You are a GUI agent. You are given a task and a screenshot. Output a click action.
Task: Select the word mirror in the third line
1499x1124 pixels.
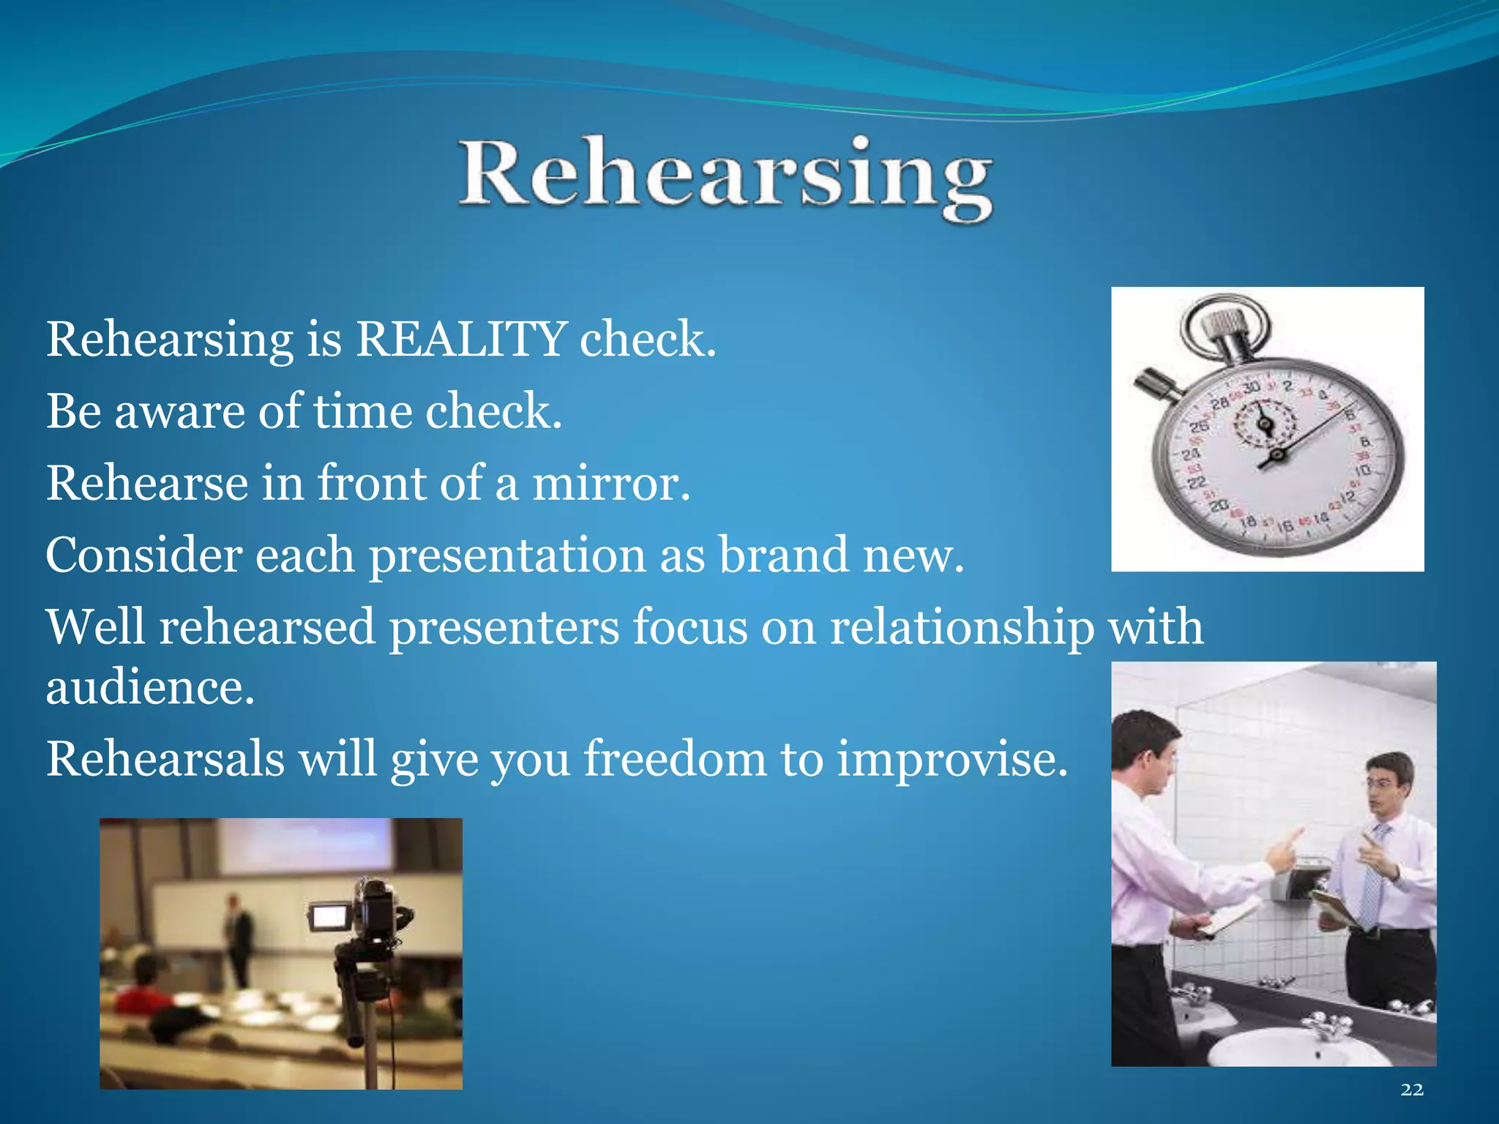click(x=610, y=483)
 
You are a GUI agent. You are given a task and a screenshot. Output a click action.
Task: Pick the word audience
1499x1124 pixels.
click(x=149, y=688)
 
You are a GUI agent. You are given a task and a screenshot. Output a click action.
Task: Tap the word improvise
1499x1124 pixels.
click(x=952, y=760)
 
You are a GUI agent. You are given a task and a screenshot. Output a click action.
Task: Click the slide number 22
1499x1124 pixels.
click(x=1412, y=1090)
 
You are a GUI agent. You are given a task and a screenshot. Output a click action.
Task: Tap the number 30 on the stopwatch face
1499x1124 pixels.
click(x=1252, y=386)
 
